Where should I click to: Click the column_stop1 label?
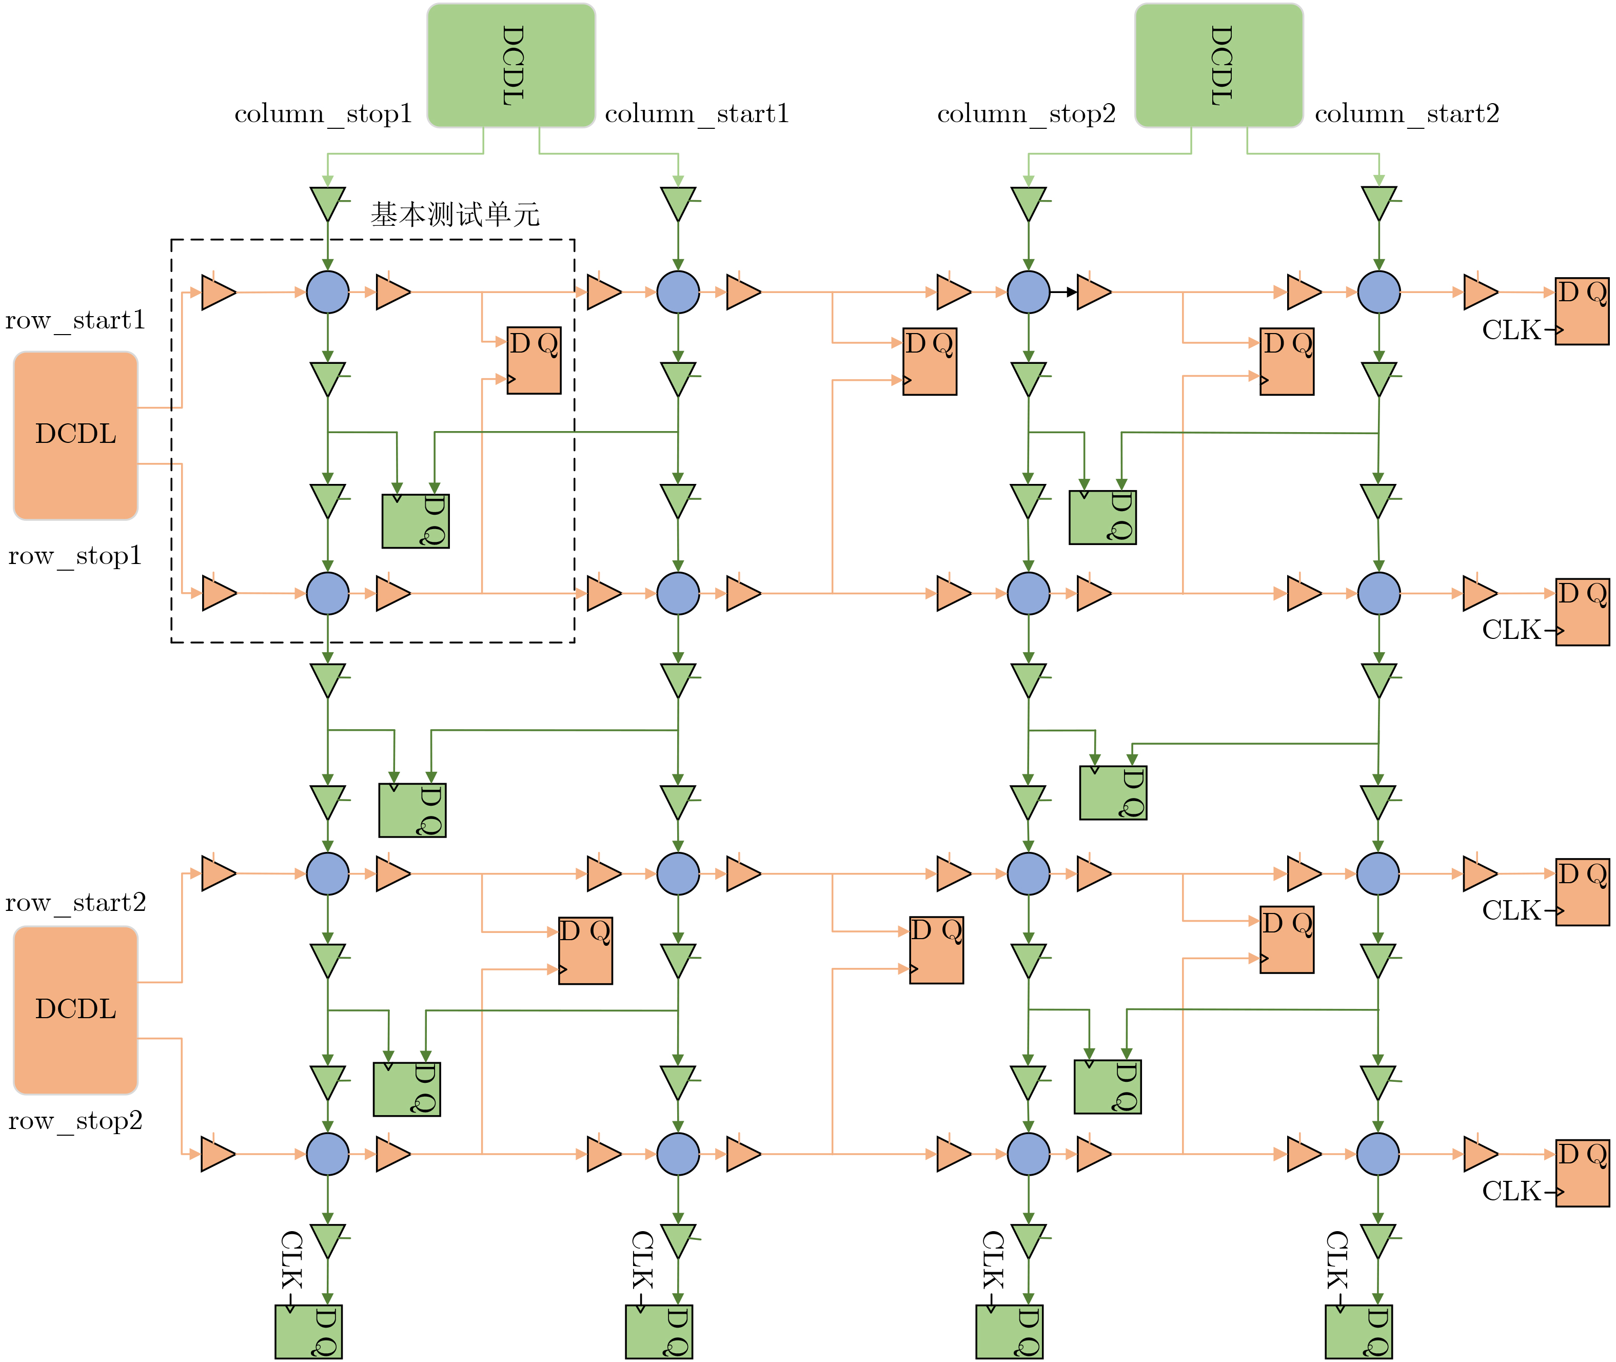(x=323, y=114)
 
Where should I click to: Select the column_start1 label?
(x=696, y=114)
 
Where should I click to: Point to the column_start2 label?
(x=1406, y=114)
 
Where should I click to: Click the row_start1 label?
(x=75, y=320)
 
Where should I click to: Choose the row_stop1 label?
(x=75, y=556)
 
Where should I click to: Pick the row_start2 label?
(x=75, y=903)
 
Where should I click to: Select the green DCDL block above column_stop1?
(x=511, y=66)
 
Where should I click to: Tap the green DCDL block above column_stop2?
(x=1218, y=66)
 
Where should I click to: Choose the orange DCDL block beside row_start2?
(x=75, y=1010)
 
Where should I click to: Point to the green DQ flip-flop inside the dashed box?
(x=415, y=521)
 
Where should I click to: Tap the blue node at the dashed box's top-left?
(x=327, y=292)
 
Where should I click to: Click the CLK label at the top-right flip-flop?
(x=1511, y=330)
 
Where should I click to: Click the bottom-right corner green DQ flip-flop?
(x=1358, y=1332)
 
